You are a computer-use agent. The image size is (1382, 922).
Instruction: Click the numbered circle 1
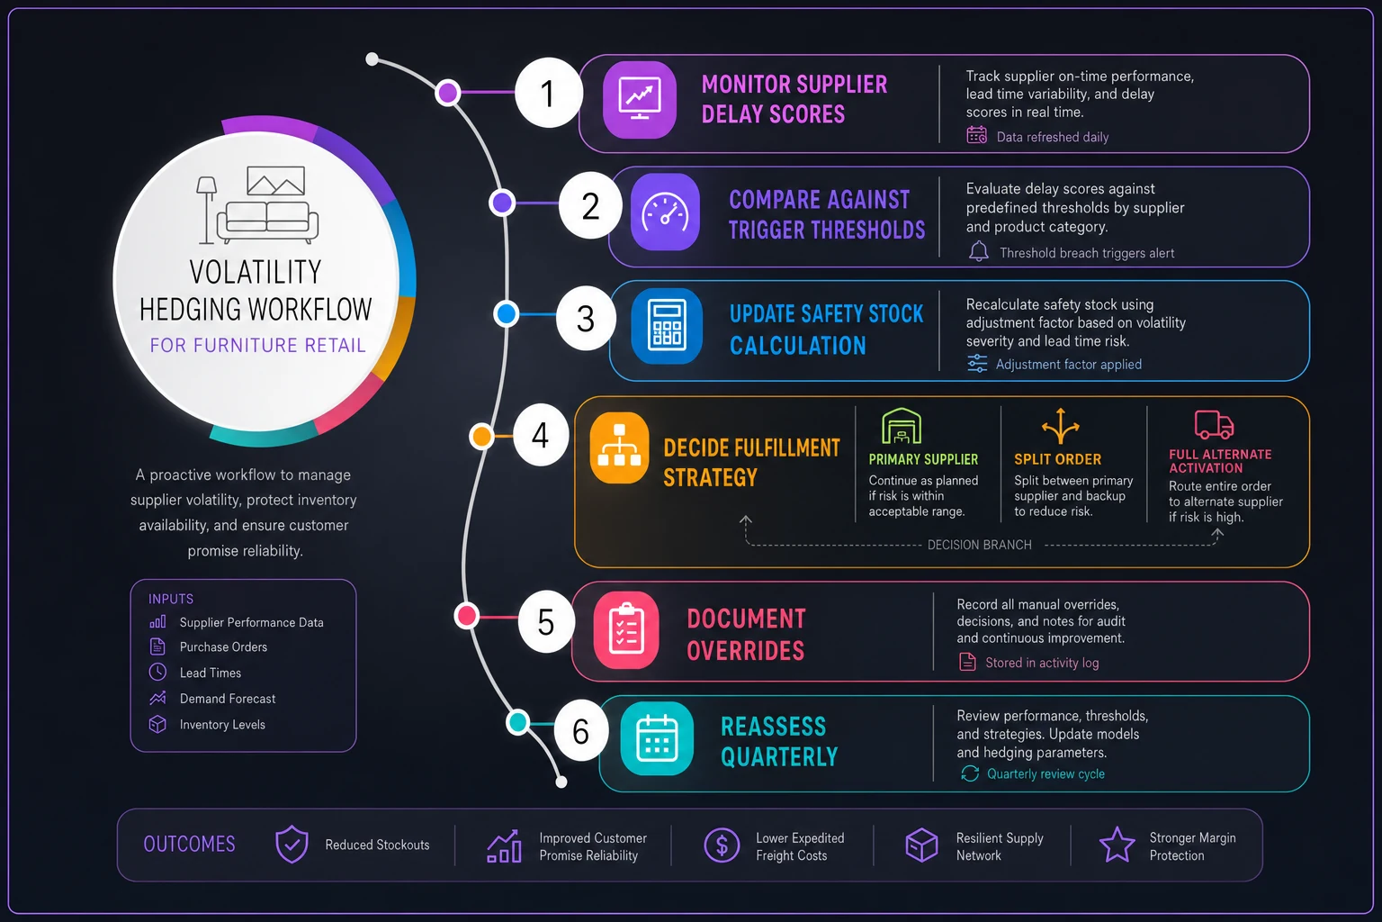549,94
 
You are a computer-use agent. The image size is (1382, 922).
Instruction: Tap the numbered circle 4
541,436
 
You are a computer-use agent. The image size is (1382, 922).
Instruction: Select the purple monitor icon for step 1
640,100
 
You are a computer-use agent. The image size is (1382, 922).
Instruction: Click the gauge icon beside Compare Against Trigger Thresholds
665,212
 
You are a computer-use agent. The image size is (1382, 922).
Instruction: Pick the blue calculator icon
667,325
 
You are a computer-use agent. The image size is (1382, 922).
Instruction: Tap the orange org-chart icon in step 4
619,447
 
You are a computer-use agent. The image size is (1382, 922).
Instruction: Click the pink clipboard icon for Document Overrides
626,630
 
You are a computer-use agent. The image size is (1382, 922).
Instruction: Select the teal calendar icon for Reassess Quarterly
657,738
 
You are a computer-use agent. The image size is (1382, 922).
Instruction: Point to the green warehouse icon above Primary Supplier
902,426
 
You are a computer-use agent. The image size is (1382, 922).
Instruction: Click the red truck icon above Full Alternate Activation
1214,424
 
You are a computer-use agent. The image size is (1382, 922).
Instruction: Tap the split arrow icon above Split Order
1061,426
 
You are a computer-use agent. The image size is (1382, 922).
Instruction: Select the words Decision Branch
980,545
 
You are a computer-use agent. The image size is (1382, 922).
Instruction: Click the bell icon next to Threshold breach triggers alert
979,252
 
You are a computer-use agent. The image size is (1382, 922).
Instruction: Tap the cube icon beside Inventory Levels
158,724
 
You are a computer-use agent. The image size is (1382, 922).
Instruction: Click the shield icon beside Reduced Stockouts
292,845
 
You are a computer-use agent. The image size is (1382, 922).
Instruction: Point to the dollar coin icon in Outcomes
722,845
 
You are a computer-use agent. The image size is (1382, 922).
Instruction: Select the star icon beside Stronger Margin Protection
1117,845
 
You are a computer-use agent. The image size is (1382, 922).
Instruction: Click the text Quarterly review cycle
1045,773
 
